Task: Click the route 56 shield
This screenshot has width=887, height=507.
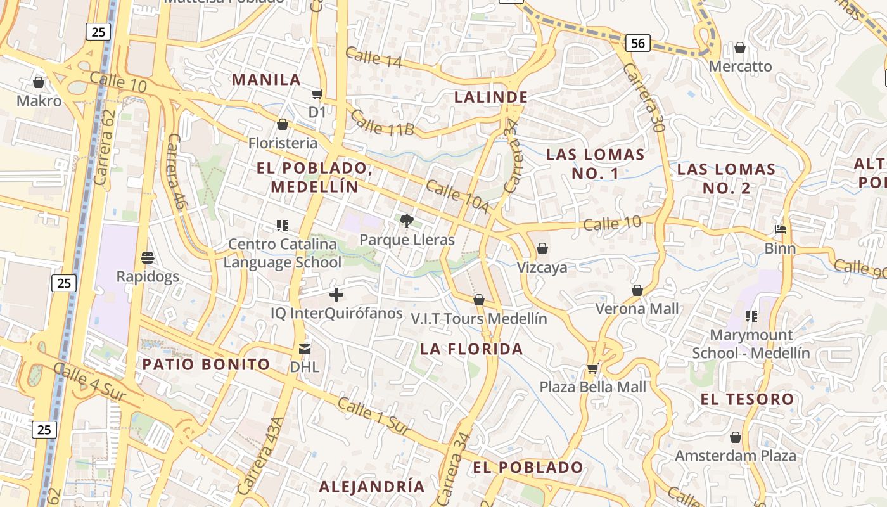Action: pyautogui.click(x=637, y=43)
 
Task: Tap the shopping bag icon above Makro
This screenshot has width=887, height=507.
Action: pyautogui.click(x=39, y=82)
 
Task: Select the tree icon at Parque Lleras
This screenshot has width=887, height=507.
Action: pyautogui.click(x=407, y=221)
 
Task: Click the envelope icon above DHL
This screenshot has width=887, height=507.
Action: pyautogui.click(x=305, y=349)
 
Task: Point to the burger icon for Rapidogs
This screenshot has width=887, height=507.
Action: pyautogui.click(x=148, y=258)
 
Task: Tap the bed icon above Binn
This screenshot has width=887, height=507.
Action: pyautogui.click(x=781, y=229)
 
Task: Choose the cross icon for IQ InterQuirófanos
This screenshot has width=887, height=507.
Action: pyautogui.click(x=336, y=295)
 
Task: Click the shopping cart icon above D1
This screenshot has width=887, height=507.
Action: pyautogui.click(x=317, y=94)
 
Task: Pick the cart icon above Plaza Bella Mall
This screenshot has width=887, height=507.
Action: pyautogui.click(x=592, y=368)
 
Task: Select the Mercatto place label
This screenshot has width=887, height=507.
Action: pyautogui.click(x=740, y=66)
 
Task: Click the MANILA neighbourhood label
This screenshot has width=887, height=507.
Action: pyautogui.click(x=266, y=80)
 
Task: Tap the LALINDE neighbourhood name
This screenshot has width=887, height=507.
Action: pyautogui.click(x=491, y=97)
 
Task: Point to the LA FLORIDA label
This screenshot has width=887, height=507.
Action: pyautogui.click(x=471, y=349)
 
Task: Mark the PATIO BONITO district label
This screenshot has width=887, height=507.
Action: pyautogui.click(x=206, y=364)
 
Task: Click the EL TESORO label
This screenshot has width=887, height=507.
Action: pyautogui.click(x=747, y=399)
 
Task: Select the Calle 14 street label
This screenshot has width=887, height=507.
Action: pyautogui.click(x=374, y=57)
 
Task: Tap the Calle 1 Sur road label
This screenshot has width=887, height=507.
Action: pyautogui.click(x=374, y=416)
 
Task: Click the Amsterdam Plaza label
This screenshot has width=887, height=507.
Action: pyautogui.click(x=735, y=456)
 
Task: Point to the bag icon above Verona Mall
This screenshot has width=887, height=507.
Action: pyautogui.click(x=637, y=290)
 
